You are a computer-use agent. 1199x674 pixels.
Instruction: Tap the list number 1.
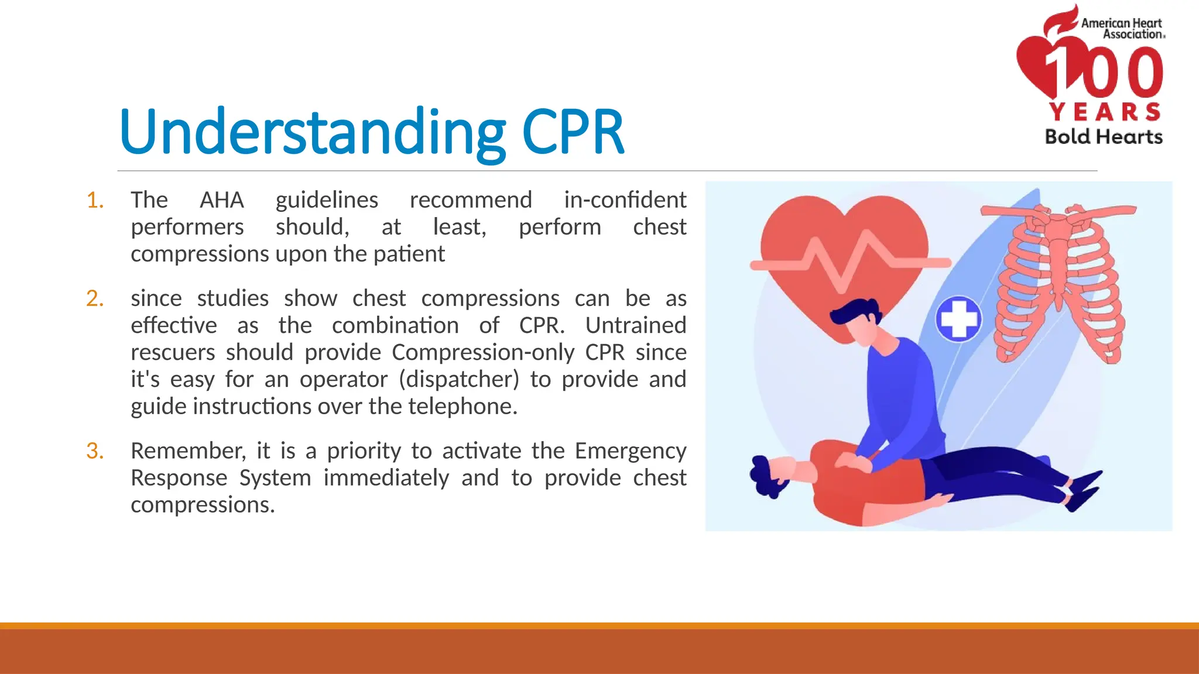click(x=95, y=201)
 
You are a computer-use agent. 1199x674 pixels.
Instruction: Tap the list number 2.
click(x=95, y=299)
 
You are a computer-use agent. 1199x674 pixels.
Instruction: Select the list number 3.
click(x=95, y=451)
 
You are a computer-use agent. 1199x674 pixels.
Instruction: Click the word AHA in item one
click(x=221, y=200)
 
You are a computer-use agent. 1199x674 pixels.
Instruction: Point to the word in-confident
click(x=625, y=200)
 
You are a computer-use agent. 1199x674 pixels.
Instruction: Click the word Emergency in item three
click(x=630, y=451)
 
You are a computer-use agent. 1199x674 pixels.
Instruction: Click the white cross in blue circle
click(x=958, y=319)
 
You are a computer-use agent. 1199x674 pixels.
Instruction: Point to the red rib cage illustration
click(x=1058, y=281)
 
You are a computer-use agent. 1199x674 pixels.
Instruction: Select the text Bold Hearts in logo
click(x=1104, y=137)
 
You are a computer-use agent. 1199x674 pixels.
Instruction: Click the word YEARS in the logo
click(x=1105, y=112)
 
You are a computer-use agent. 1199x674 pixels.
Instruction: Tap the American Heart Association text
click(x=1121, y=29)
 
